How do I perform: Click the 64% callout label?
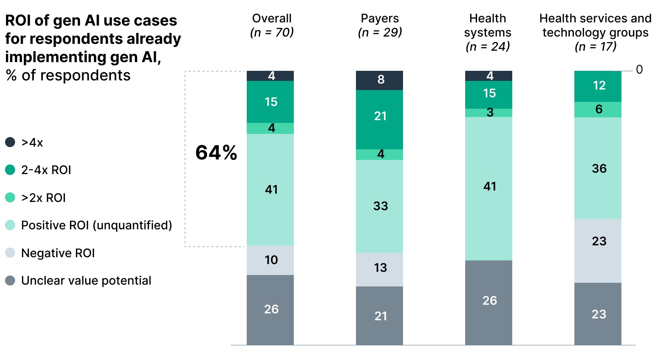[x=216, y=154]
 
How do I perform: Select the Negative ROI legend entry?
[x=58, y=253]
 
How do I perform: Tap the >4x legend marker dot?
[x=10, y=143]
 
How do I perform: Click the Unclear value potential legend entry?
[x=86, y=281]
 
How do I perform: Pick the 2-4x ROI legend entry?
[x=46, y=170]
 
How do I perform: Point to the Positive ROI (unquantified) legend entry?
[x=96, y=225]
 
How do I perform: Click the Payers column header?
[x=380, y=18]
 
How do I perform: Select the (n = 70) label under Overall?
[x=271, y=32]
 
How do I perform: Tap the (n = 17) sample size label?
[x=595, y=46]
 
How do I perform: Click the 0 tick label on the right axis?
[x=639, y=69]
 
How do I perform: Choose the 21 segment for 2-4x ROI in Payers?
[x=380, y=116]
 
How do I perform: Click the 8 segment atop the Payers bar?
[x=380, y=80]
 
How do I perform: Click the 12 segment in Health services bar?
[x=598, y=86]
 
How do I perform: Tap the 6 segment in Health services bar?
[x=598, y=110]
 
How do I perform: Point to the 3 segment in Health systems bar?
[x=489, y=113]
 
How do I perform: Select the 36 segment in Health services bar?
[x=598, y=168]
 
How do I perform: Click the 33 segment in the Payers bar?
[x=380, y=206]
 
